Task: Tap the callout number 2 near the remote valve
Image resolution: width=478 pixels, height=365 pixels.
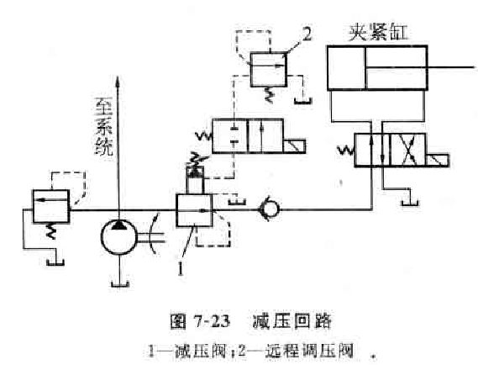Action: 307,34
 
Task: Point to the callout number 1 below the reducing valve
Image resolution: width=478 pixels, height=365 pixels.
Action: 181,268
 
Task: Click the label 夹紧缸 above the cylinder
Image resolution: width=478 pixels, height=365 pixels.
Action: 378,32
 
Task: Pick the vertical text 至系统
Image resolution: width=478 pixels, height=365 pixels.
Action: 104,126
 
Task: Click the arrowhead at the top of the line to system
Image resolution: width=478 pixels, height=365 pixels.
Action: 118,82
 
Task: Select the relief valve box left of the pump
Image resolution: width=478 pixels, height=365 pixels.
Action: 51,206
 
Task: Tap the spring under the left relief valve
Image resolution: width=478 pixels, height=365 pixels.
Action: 51,231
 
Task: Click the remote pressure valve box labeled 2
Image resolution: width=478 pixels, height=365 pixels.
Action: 269,70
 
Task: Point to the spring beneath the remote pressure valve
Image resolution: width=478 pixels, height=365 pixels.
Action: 269,94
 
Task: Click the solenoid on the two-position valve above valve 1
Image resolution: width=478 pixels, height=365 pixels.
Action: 294,145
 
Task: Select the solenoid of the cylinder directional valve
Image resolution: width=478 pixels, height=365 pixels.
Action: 438,161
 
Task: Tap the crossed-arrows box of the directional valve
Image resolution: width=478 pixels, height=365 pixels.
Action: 408,151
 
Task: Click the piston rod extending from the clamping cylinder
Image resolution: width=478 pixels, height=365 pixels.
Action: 451,66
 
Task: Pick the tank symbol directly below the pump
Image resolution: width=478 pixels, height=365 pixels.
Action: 120,283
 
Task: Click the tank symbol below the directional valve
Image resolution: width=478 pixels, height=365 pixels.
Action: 410,202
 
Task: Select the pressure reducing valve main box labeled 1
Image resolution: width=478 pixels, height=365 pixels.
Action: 194,210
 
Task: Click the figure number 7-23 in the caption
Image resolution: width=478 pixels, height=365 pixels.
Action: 211,321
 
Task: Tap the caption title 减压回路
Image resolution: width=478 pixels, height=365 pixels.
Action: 292,321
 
